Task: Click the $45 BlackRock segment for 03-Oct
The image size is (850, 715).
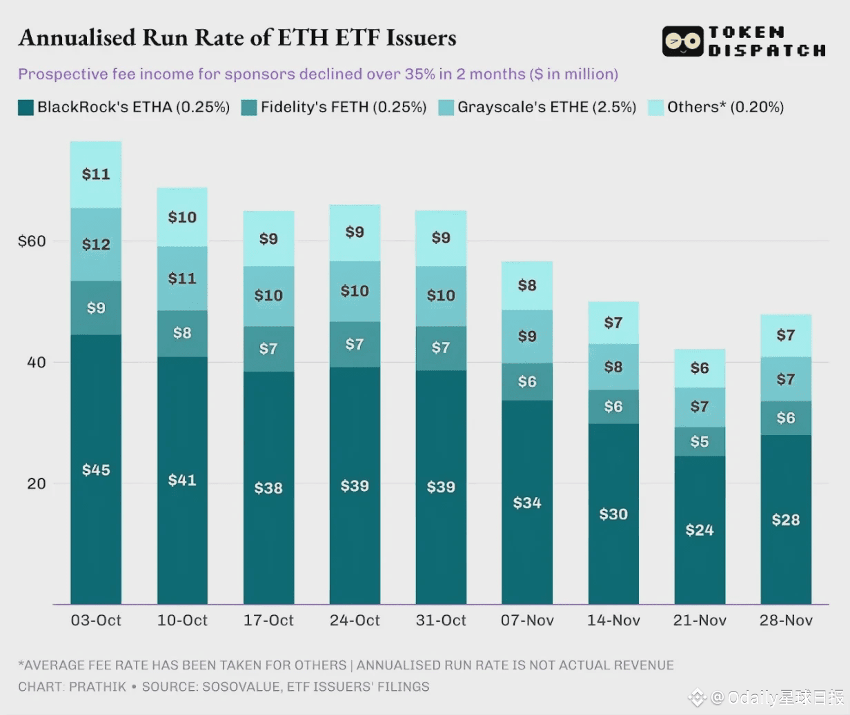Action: tap(96, 470)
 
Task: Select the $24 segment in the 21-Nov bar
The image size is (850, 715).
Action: tap(700, 530)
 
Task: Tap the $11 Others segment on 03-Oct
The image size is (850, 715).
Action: tap(96, 174)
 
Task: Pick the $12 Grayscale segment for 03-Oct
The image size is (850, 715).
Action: tap(96, 244)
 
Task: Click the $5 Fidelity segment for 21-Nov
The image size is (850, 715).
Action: tap(700, 441)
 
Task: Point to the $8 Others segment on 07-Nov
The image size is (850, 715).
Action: tap(527, 285)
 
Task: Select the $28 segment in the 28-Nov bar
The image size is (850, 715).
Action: tap(786, 520)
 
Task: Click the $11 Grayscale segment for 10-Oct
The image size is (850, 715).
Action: tap(182, 278)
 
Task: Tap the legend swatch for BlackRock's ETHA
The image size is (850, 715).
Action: tap(26, 108)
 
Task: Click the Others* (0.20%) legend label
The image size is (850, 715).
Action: tap(725, 108)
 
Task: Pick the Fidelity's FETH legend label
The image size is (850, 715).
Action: tap(344, 108)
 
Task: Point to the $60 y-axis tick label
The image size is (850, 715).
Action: tap(32, 241)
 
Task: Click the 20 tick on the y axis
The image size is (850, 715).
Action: tap(37, 483)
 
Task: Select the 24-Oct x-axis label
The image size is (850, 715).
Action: tap(355, 621)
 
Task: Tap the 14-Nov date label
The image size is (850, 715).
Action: tap(613, 621)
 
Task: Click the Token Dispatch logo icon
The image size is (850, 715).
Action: tap(682, 41)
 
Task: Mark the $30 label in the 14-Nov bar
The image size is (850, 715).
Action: tap(613, 514)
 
